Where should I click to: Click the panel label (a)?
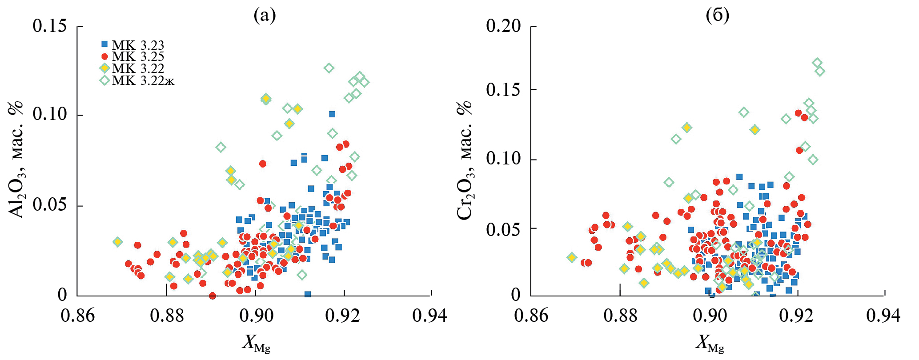tap(265, 15)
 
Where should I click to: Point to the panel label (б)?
tap(717, 15)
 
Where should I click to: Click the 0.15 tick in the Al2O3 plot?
tap(49, 26)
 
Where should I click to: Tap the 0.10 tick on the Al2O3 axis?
tap(49, 114)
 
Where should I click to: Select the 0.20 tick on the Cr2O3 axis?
tap(503, 26)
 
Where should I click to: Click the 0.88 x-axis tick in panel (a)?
tap(167, 316)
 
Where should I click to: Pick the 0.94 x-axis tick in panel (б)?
tap(883, 316)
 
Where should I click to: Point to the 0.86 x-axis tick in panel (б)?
tap(531, 316)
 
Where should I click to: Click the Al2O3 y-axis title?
tap(16, 160)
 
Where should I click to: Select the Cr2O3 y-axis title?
tap(465, 160)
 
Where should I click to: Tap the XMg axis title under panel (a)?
tap(256, 343)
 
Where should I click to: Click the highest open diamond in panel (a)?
tap(329, 68)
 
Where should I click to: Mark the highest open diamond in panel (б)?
tap(817, 63)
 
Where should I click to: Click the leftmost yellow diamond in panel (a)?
tap(118, 242)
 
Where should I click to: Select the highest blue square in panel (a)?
tap(332, 114)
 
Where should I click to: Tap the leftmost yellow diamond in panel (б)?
tap(572, 257)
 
